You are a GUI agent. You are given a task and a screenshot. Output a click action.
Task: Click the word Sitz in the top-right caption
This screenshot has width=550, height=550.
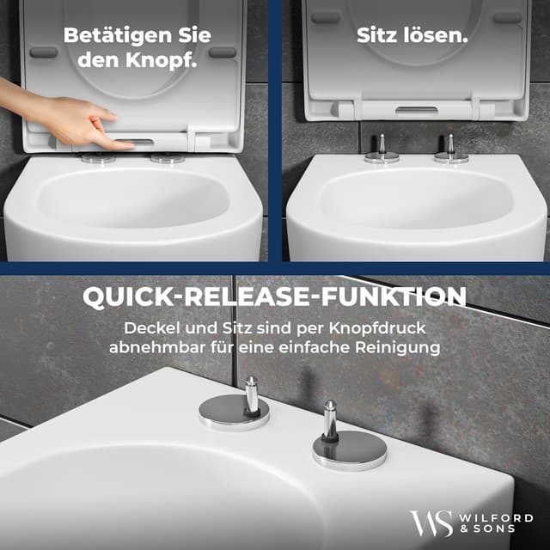(378, 38)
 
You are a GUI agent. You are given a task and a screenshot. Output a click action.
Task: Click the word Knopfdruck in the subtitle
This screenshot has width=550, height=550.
(382, 328)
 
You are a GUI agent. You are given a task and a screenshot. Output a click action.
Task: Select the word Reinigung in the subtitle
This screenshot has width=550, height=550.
(397, 348)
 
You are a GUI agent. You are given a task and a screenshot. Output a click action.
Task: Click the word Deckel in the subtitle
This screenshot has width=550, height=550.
(151, 328)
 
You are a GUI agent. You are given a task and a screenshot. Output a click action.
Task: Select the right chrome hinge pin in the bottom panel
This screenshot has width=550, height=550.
(329, 421)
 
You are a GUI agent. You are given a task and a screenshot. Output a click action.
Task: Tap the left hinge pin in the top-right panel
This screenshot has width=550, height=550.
(381, 144)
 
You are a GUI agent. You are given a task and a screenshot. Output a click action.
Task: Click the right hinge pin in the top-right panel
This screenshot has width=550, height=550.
(449, 144)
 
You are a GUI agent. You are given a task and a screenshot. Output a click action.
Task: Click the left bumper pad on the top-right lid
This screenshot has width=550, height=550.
(326, 17)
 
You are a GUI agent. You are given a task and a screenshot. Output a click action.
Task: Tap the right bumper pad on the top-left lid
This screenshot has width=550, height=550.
(222, 52)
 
